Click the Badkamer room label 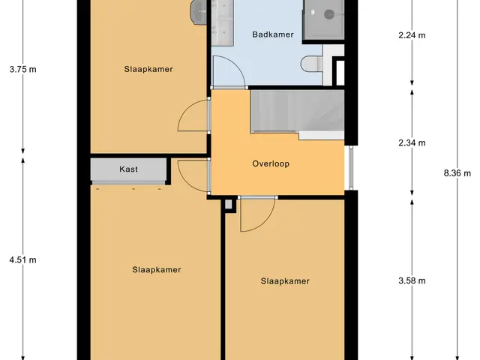[273, 34]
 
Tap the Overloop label [271, 163]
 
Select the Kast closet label [128, 169]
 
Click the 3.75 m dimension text [22, 69]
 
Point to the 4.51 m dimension [22, 260]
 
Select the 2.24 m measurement [412, 35]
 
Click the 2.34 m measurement [412, 142]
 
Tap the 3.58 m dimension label [412, 280]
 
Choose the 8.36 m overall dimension [457, 173]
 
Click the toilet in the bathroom [312, 64]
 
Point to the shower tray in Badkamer [323, 19]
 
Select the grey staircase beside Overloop [297, 114]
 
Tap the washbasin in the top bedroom [198, 12]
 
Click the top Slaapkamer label [148, 69]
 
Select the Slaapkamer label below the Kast [157, 270]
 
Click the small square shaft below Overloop [229, 204]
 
